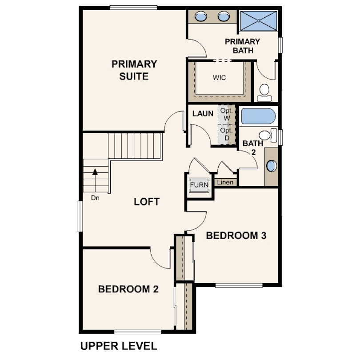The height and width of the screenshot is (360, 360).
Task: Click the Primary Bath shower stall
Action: click(258, 20)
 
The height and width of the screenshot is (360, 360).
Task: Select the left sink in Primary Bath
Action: click(200, 16)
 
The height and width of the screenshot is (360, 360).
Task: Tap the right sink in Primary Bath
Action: click(224, 16)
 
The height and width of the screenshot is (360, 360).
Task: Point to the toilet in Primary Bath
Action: click(264, 92)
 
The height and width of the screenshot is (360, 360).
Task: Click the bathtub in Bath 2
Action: click(258, 116)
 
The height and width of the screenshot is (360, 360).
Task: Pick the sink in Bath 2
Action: click(272, 166)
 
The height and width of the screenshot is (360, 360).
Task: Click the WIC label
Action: click(219, 78)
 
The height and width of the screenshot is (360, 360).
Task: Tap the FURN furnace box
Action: click(199, 185)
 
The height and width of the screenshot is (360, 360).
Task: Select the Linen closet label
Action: click(225, 182)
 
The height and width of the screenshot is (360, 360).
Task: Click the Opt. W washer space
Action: click(227, 115)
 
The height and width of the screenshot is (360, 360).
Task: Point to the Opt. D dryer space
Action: click(227, 134)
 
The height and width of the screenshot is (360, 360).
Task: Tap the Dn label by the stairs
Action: click(95, 198)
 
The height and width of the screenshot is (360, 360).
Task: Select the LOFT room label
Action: click(147, 202)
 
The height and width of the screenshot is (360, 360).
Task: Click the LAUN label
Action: click(203, 113)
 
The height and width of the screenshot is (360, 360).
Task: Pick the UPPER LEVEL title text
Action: click(119, 346)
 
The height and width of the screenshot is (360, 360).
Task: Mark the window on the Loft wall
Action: click(80, 216)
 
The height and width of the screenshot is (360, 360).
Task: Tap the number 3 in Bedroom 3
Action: click(264, 236)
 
